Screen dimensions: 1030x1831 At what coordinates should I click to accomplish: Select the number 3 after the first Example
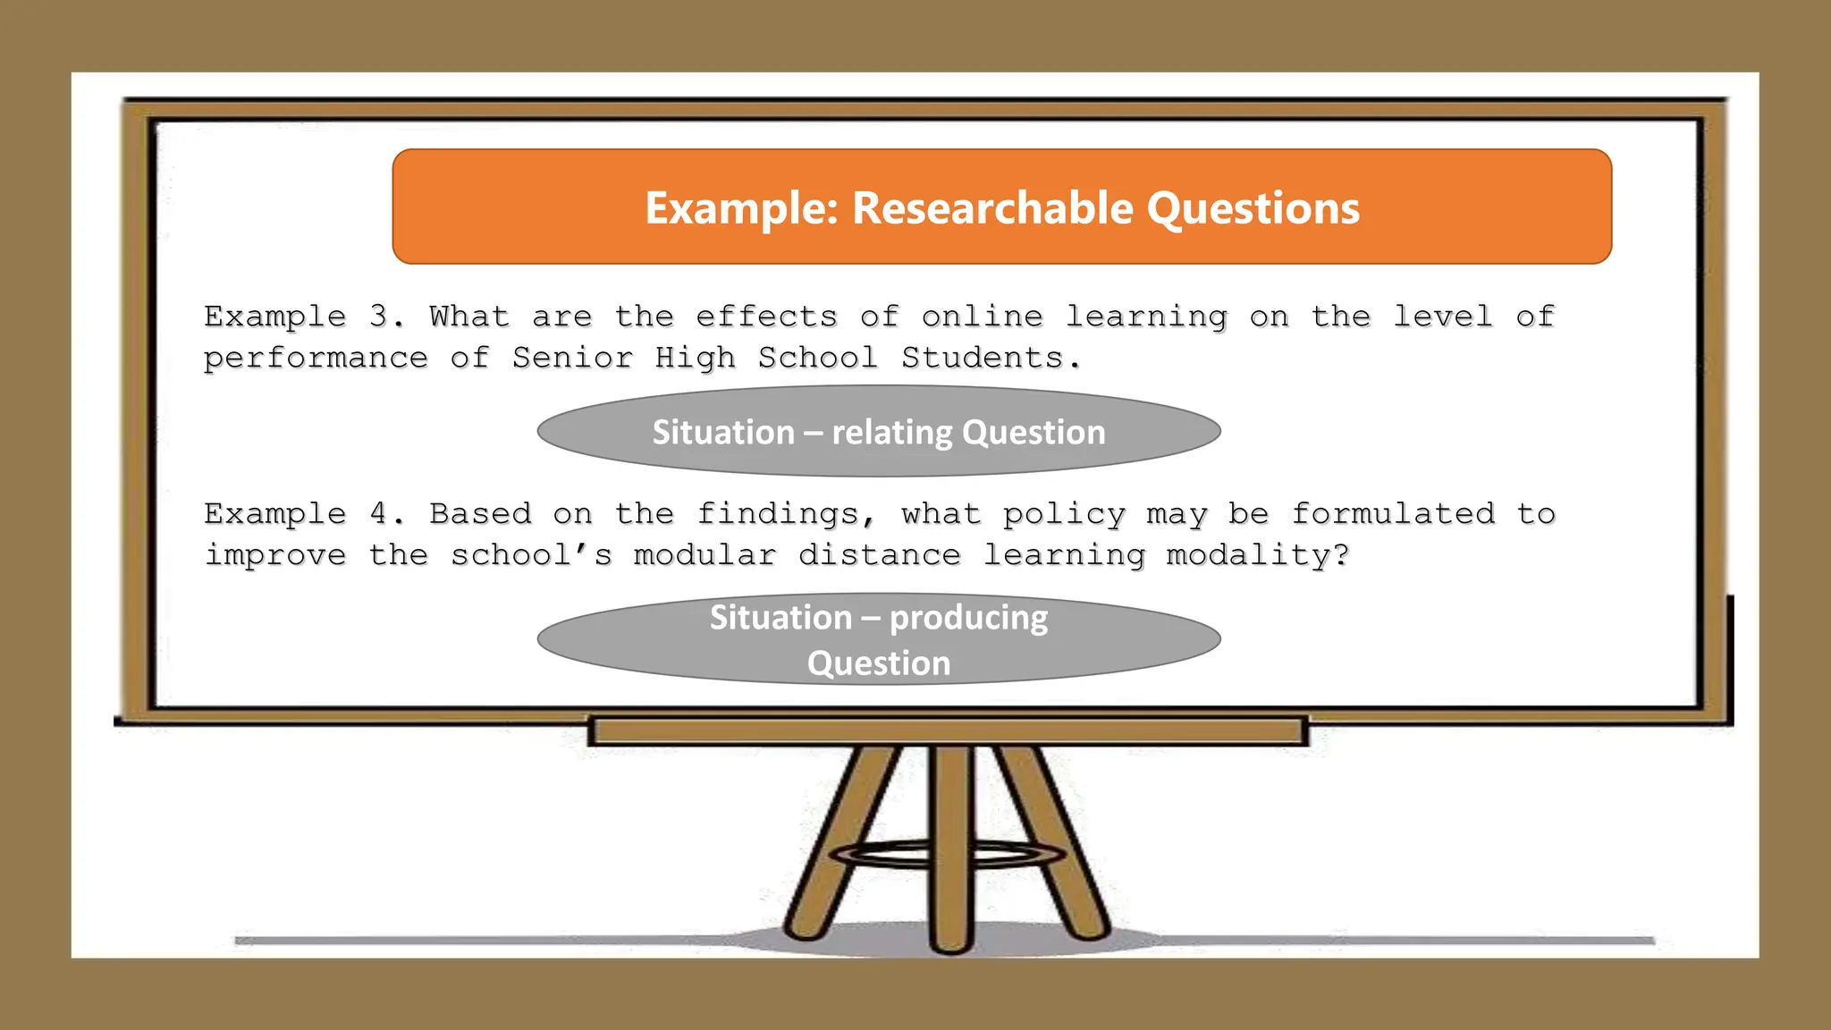click(378, 317)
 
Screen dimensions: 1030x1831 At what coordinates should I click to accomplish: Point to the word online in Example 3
click(982, 317)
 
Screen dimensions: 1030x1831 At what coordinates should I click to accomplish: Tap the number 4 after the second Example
click(378, 514)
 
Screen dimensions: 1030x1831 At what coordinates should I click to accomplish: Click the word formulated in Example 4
click(1393, 514)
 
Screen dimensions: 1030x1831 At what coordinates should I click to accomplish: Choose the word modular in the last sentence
click(705, 555)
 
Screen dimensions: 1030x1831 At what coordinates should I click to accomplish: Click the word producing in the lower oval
click(968, 618)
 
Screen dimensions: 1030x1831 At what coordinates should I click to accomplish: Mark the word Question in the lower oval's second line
click(879, 663)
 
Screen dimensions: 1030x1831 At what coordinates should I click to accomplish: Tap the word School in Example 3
click(817, 358)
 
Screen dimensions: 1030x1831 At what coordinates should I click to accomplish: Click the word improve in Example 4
click(275, 556)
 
